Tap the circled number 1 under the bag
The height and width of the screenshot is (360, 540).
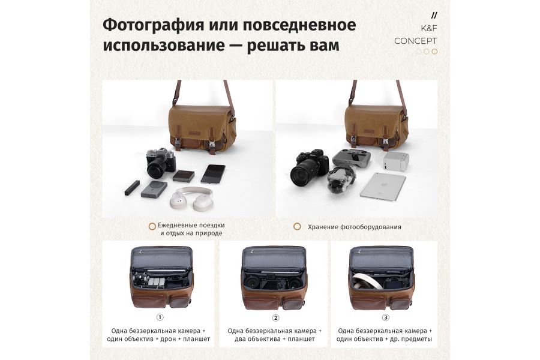click(160, 317)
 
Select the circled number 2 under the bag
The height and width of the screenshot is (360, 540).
click(275, 317)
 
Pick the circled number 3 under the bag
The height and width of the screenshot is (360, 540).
click(385, 317)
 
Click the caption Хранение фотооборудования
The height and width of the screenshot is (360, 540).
click(355, 227)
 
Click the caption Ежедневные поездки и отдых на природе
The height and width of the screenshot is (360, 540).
click(191, 229)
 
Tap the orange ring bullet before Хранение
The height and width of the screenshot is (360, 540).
click(297, 227)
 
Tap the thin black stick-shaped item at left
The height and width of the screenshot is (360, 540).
click(131, 188)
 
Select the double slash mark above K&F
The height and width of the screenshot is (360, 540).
click(434, 15)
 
